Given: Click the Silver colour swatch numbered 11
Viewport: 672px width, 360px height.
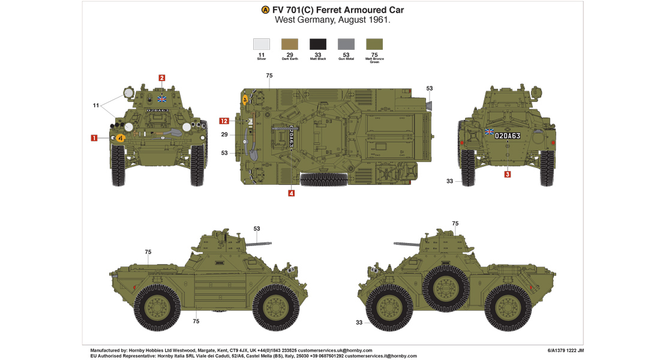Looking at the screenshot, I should pyautogui.click(x=261, y=44).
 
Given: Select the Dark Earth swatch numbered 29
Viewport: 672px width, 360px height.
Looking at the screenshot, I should pyautogui.click(x=290, y=44).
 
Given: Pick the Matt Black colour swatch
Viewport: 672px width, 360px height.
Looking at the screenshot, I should pyautogui.click(x=318, y=44).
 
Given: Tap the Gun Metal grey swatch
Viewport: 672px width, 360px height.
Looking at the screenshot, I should pyautogui.click(x=346, y=44).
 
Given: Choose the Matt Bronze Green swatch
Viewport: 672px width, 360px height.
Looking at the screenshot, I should pyautogui.click(x=374, y=44).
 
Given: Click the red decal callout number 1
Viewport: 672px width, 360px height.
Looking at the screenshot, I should pyautogui.click(x=94, y=138).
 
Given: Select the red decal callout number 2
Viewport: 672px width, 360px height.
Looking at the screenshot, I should pyautogui.click(x=162, y=78).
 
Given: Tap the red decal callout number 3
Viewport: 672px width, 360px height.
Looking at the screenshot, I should pyautogui.click(x=507, y=175).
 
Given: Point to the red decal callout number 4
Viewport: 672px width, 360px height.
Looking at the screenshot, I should pyautogui.click(x=291, y=193).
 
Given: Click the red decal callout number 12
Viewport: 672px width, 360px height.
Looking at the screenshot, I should pyautogui.click(x=224, y=121).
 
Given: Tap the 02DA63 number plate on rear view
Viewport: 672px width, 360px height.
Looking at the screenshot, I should pyautogui.click(x=508, y=136).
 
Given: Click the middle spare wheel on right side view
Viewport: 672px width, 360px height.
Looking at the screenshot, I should pyautogui.click(x=445, y=289).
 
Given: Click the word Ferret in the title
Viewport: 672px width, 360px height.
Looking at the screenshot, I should pyautogui.click(x=329, y=10).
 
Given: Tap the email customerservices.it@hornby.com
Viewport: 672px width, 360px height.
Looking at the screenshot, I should pyautogui.click(x=387, y=356).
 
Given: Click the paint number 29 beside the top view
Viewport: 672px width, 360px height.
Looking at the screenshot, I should pyautogui.click(x=224, y=134).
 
